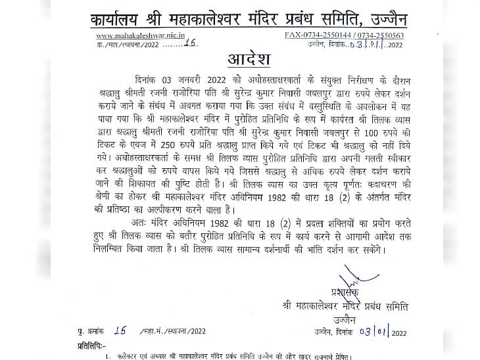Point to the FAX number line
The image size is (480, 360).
coord(345,35)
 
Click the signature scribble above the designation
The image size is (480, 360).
coord(339,290)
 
